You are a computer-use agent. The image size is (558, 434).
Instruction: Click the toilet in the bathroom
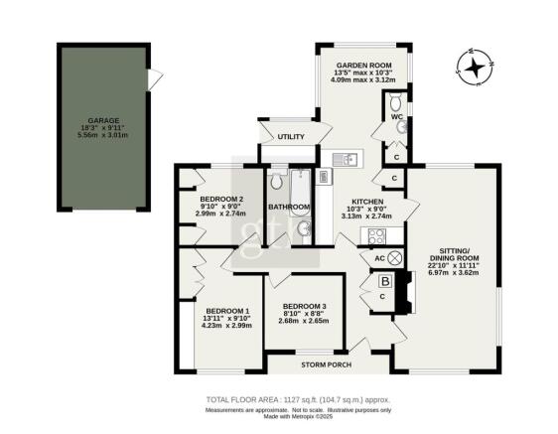coord(276,182)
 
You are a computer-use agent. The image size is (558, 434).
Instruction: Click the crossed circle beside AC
coord(396,258)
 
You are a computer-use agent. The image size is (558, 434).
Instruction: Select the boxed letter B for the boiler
coord(385,281)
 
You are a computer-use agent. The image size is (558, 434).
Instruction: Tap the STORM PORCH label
coord(325,364)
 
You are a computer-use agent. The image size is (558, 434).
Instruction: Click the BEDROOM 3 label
coord(304,305)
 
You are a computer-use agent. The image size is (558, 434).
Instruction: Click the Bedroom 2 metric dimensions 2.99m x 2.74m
coord(220,214)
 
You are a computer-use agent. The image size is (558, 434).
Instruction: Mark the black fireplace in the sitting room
coord(403,295)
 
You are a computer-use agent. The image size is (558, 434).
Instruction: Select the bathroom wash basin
coord(304,230)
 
